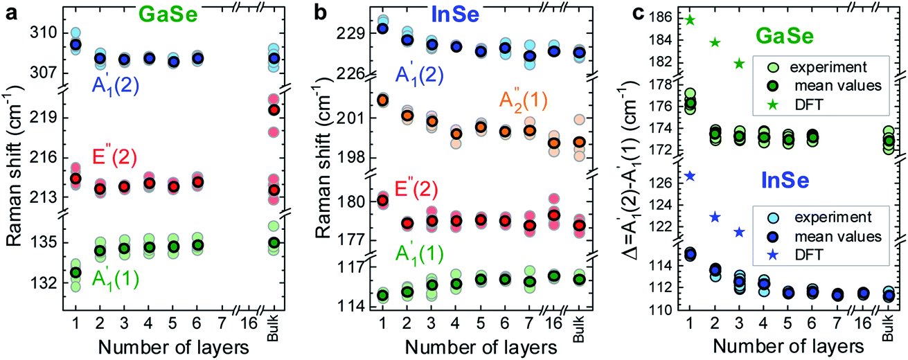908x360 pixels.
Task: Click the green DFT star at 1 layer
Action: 689,19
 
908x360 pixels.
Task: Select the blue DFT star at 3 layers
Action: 738,232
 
